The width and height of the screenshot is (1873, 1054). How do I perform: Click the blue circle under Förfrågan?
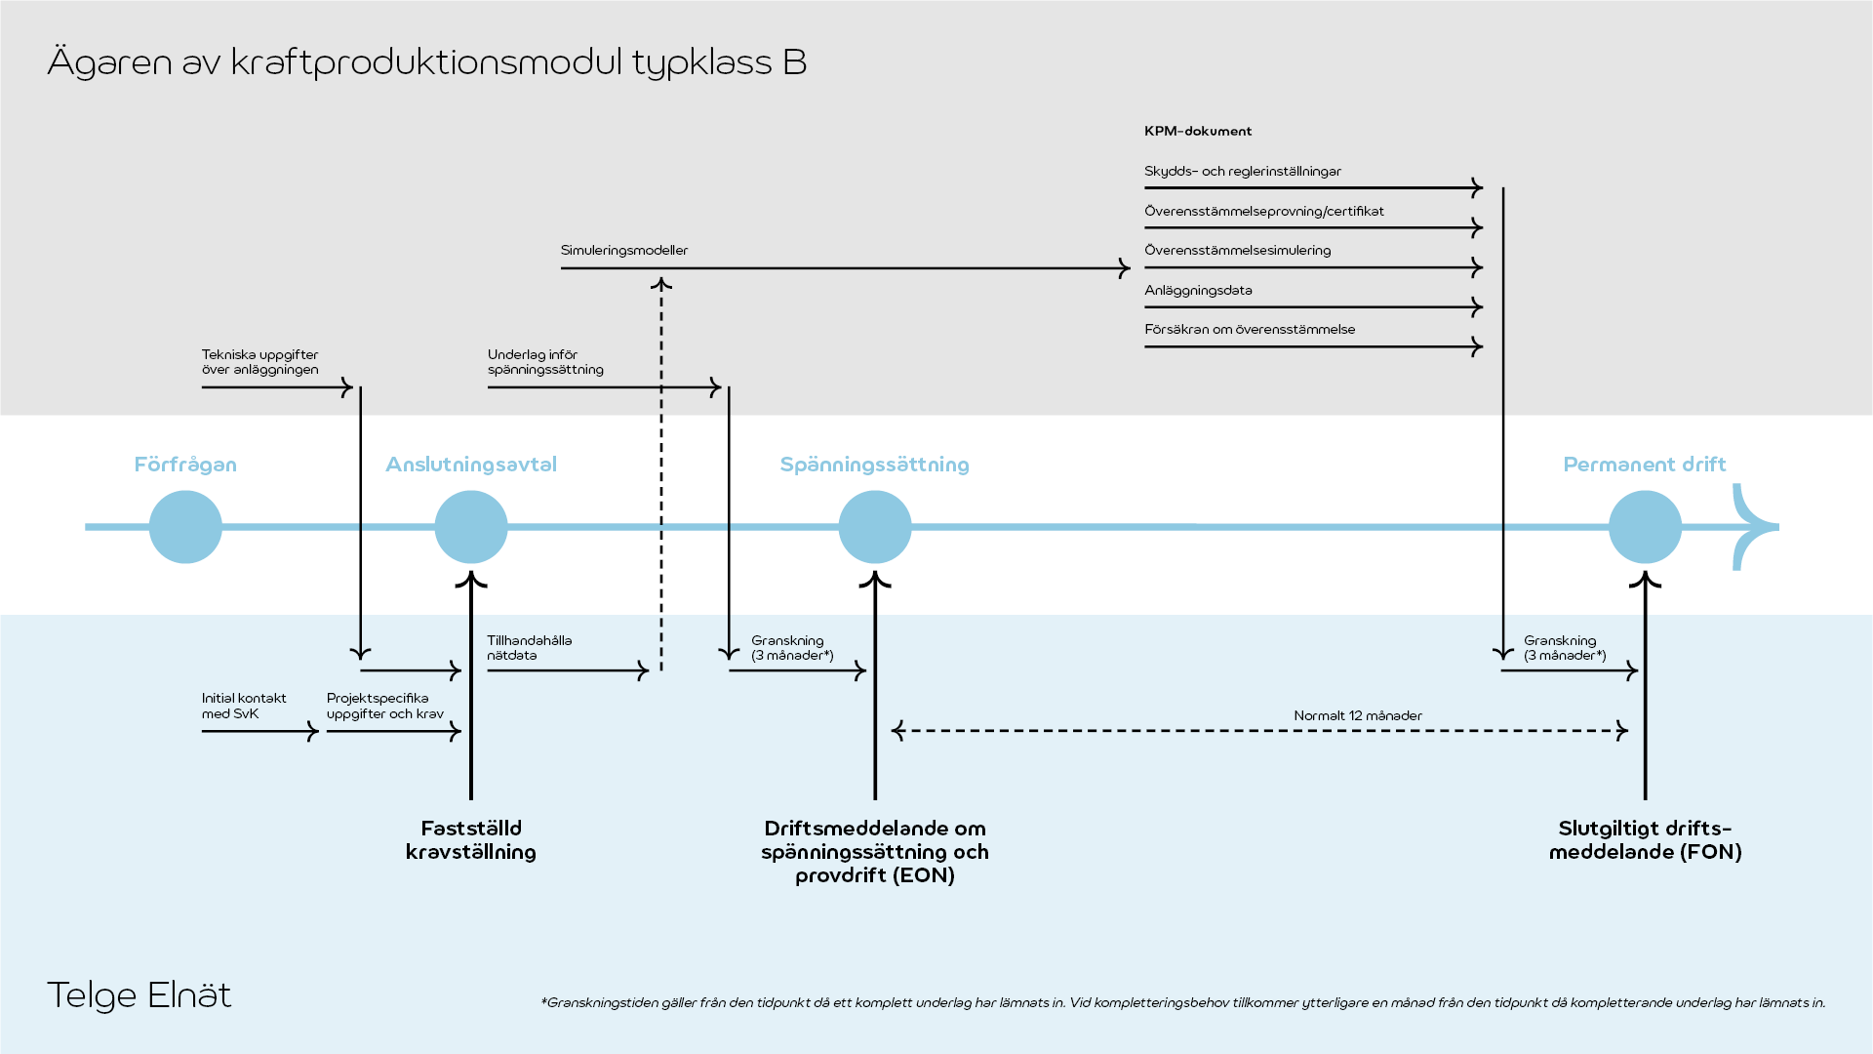click(185, 527)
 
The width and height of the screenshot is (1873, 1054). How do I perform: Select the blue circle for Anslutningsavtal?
click(471, 527)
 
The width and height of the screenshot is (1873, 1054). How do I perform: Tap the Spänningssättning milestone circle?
click(875, 527)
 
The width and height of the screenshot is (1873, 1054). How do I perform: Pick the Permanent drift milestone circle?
click(1645, 527)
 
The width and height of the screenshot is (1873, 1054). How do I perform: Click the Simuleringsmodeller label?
click(624, 251)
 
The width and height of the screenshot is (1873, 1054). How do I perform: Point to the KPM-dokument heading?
click(1198, 131)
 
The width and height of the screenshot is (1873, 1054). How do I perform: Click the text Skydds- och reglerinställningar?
click(1243, 172)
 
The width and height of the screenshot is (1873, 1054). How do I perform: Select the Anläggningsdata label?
click(1198, 291)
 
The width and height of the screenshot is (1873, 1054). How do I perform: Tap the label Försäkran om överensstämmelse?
click(1250, 330)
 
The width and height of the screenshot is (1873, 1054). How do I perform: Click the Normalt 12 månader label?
click(1358, 716)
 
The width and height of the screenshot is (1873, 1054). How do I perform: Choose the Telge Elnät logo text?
click(139, 995)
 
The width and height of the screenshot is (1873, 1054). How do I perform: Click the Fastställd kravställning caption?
click(471, 840)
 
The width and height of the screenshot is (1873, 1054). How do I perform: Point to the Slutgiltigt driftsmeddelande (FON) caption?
click(1645, 840)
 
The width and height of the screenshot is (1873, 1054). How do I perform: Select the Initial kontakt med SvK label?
click(244, 706)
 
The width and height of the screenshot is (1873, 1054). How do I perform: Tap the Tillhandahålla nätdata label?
click(530, 648)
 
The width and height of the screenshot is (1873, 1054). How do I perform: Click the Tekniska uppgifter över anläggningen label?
click(260, 362)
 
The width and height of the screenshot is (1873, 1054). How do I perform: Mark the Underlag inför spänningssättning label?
click(545, 362)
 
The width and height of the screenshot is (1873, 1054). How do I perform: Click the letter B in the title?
click(795, 62)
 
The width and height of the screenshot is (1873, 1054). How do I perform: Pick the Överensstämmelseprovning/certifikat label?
click(1264, 212)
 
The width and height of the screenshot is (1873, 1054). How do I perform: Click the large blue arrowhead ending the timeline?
click(1756, 527)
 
